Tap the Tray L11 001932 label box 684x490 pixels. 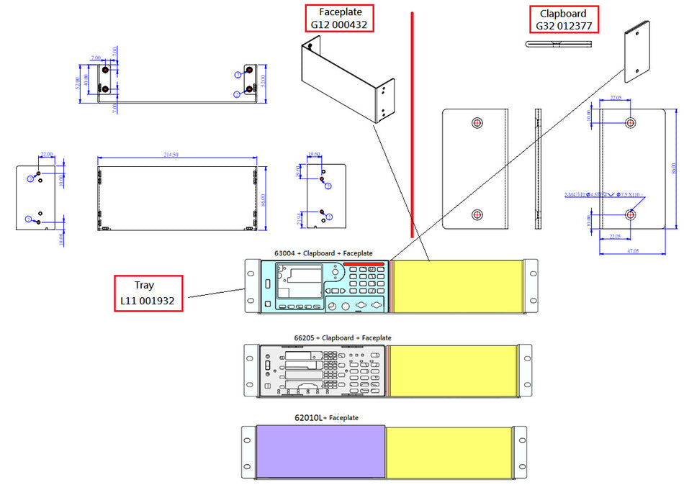148,293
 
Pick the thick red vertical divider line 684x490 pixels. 412,122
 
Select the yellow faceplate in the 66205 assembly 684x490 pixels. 453,370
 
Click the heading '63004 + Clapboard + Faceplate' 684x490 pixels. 323,253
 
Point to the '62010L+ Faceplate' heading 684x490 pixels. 326,417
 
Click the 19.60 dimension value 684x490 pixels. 314,154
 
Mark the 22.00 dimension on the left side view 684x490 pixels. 47,155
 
